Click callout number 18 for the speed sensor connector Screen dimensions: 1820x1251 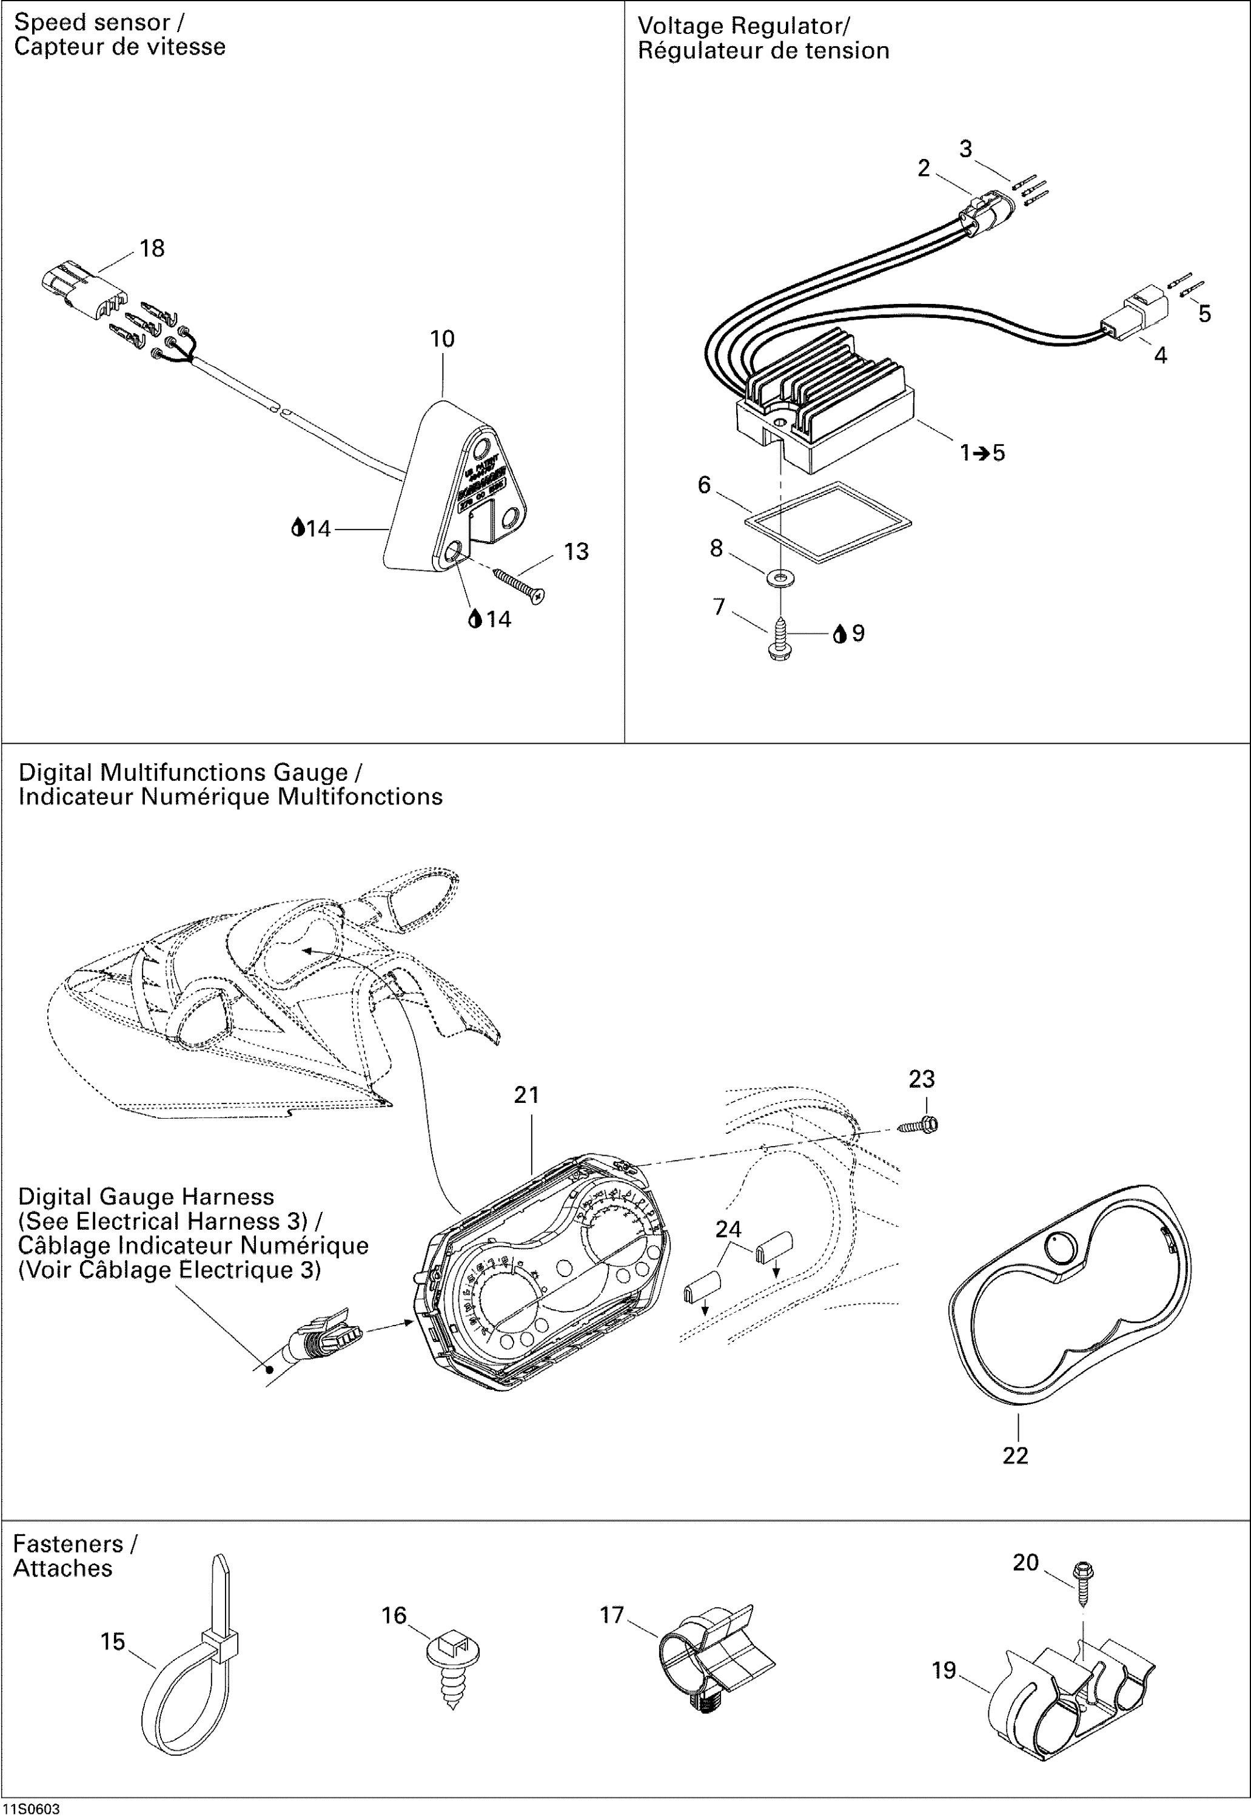pyautogui.click(x=152, y=249)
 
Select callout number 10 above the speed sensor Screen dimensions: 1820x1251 pyautogui.click(x=442, y=339)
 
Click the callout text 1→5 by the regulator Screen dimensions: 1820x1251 pyautogui.click(x=982, y=453)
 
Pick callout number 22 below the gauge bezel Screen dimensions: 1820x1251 pyautogui.click(x=1015, y=1455)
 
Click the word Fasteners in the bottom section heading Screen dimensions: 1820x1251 pyautogui.click(x=68, y=1544)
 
